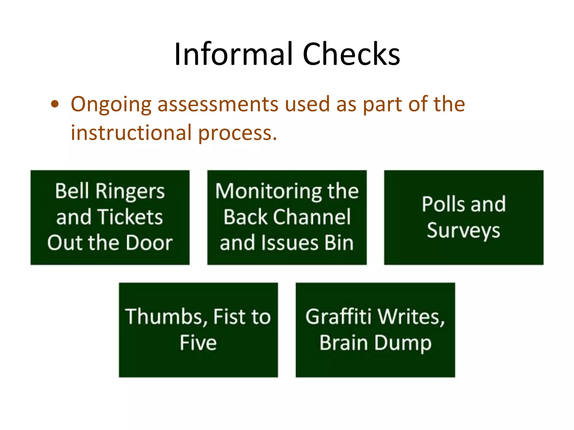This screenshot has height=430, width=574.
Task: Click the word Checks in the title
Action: (351, 54)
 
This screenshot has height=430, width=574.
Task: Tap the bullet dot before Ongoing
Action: (55, 104)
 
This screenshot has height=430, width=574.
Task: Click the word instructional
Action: (131, 133)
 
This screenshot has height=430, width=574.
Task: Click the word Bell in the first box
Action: (72, 191)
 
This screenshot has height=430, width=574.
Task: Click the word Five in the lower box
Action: (198, 343)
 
